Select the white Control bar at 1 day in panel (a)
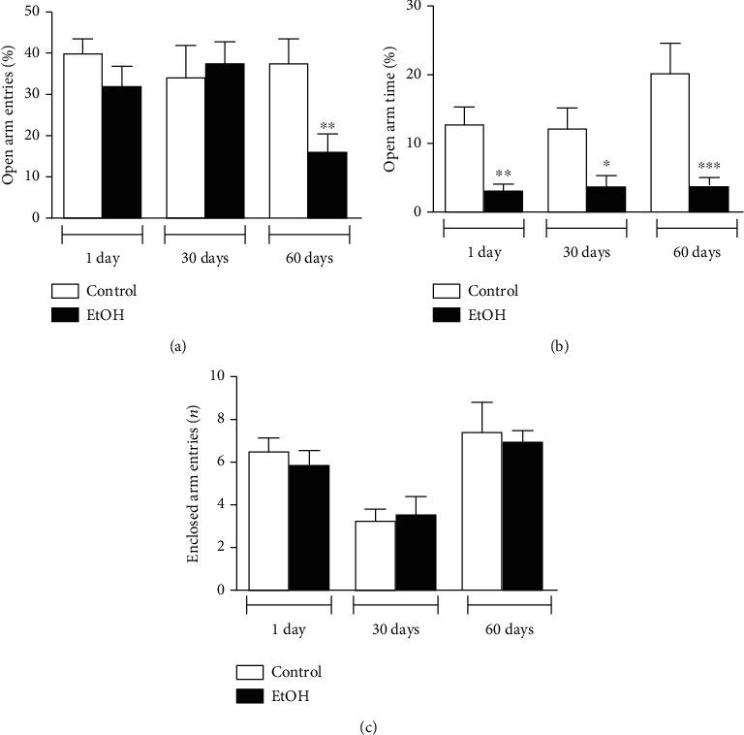pos(82,136)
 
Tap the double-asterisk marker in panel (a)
pos(326,127)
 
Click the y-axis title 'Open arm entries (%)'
pos(12,114)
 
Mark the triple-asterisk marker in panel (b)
pos(709,166)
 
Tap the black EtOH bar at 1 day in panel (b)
pos(503,201)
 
